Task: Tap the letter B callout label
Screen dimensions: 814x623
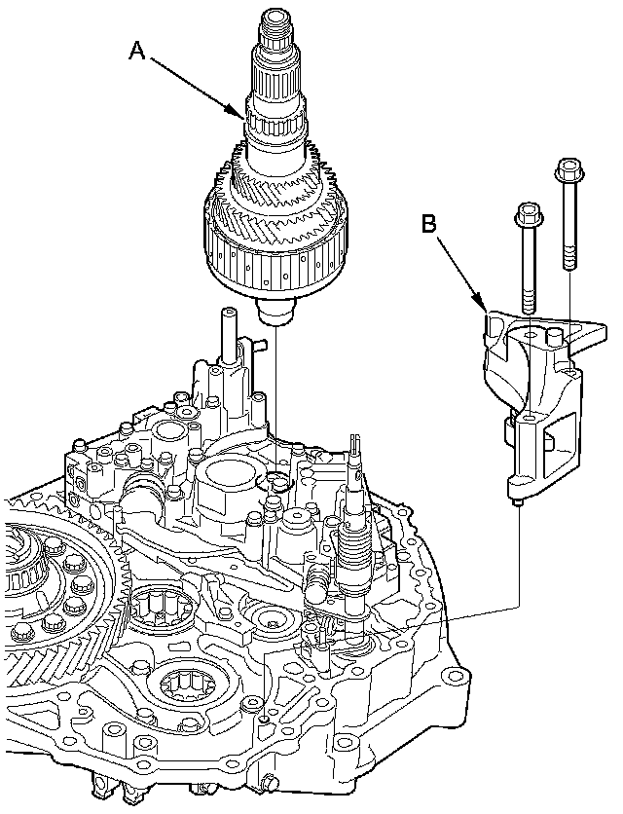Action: tap(429, 223)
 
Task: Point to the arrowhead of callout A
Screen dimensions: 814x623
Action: tap(243, 116)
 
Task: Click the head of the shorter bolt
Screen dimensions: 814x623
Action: tap(527, 211)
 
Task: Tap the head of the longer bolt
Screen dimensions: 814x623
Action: tap(568, 170)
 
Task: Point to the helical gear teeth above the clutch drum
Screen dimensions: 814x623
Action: tap(276, 200)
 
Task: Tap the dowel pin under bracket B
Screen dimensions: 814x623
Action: tap(518, 502)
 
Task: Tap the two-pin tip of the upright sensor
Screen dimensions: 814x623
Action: tap(355, 450)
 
